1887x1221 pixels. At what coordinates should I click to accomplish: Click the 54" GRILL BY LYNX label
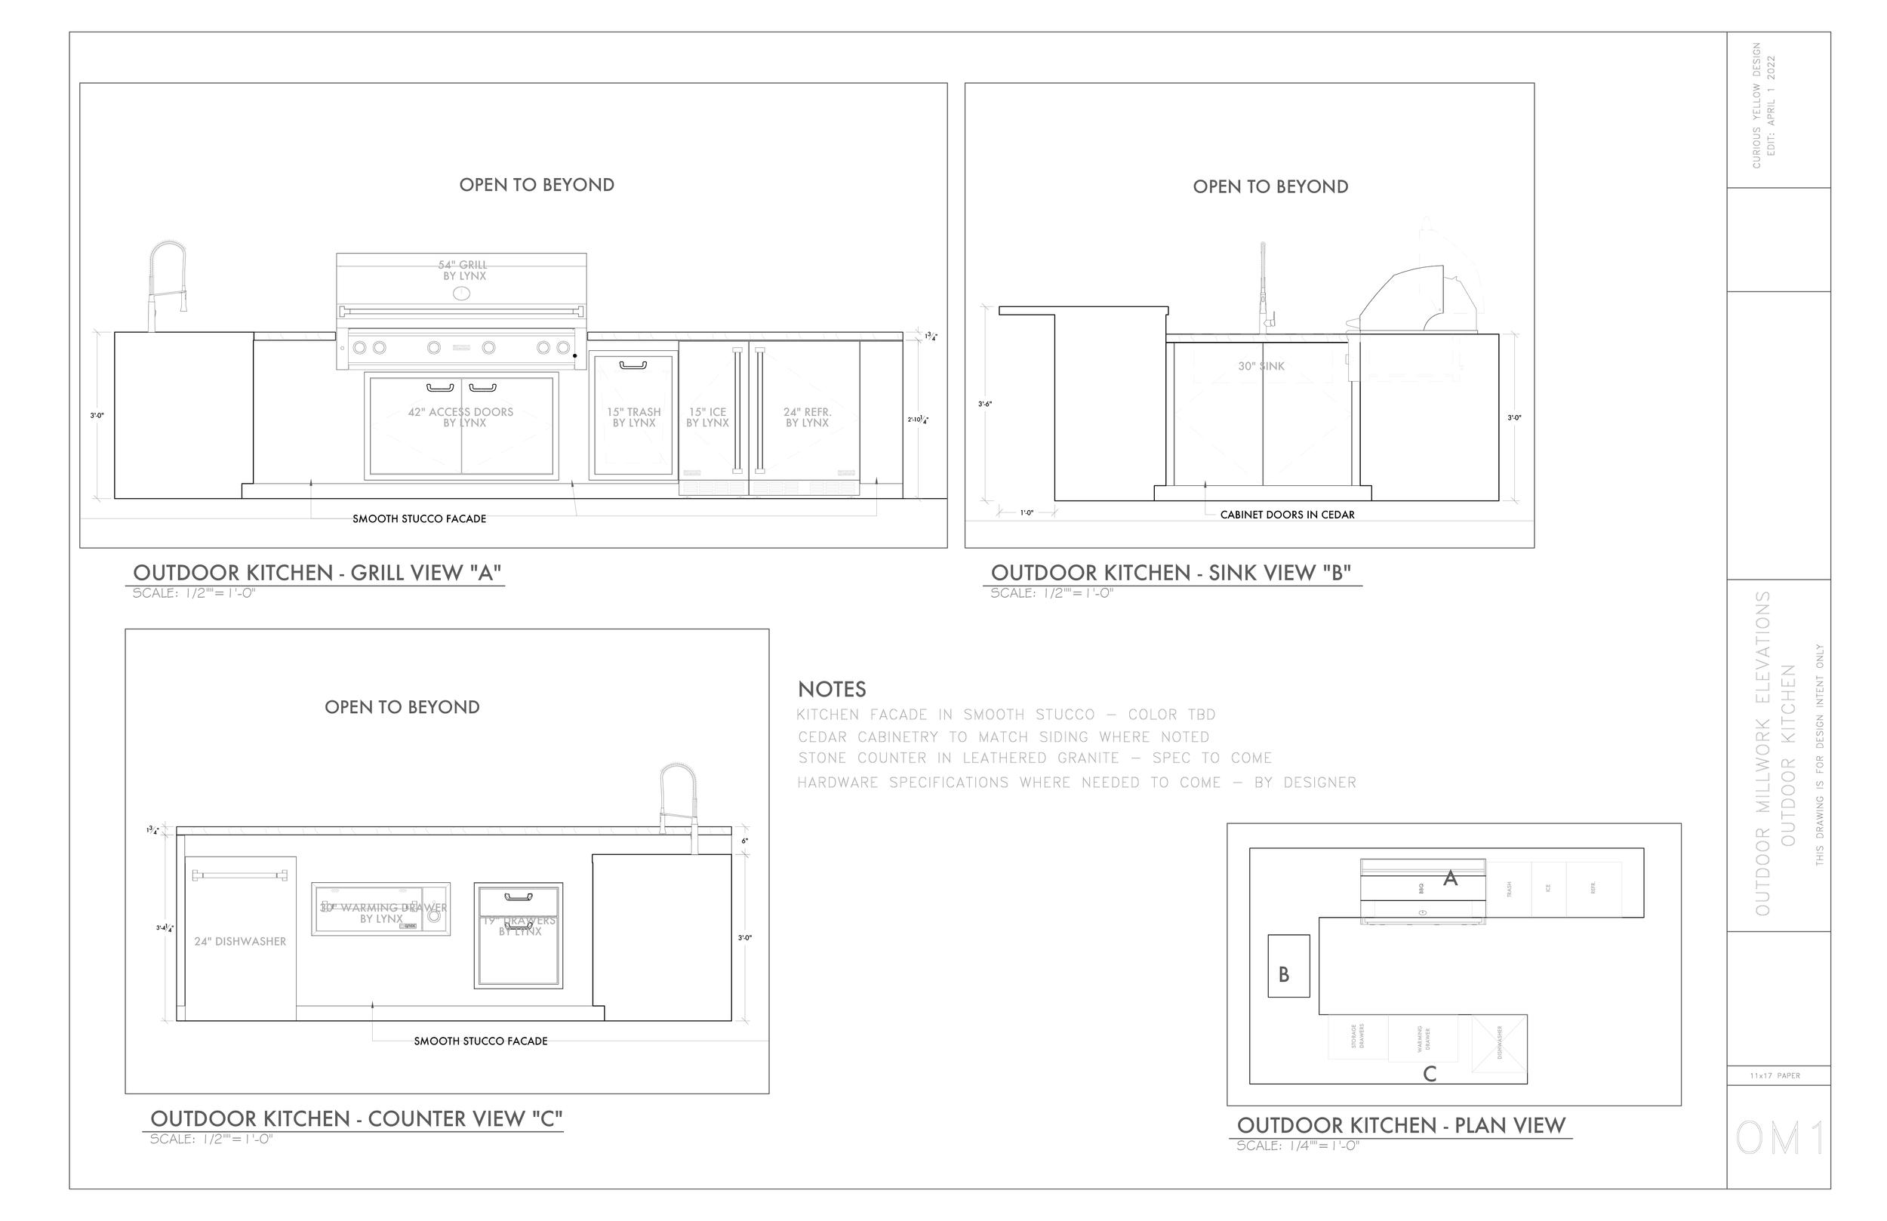click(x=463, y=270)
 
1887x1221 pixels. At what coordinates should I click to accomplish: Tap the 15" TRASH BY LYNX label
click(x=633, y=417)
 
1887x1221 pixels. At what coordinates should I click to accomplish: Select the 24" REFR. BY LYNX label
click(x=807, y=417)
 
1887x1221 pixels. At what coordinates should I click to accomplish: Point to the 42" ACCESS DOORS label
click(x=460, y=417)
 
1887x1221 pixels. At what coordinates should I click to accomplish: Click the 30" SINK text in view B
click(x=1261, y=366)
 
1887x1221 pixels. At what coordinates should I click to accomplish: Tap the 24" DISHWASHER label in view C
click(x=240, y=941)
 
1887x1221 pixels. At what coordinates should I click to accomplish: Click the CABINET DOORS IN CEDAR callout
click(x=1287, y=515)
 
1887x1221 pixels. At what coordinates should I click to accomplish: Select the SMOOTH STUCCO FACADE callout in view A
click(x=420, y=518)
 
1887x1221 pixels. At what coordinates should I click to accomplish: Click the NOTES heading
click(x=832, y=689)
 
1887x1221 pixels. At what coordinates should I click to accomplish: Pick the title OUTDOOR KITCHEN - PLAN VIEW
click(x=1401, y=1125)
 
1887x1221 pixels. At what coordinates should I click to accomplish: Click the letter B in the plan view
click(x=1284, y=974)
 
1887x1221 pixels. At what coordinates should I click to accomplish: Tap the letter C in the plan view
click(x=1430, y=1074)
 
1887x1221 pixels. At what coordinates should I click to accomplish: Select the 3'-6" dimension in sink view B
click(x=985, y=404)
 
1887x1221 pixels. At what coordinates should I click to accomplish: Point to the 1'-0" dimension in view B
click(x=1027, y=513)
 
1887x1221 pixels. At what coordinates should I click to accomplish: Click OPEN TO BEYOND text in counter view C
click(x=402, y=707)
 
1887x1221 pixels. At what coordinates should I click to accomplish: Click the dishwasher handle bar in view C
click(x=240, y=875)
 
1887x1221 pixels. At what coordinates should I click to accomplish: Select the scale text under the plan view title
click(x=1298, y=1146)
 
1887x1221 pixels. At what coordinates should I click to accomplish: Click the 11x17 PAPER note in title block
click(x=1775, y=1076)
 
